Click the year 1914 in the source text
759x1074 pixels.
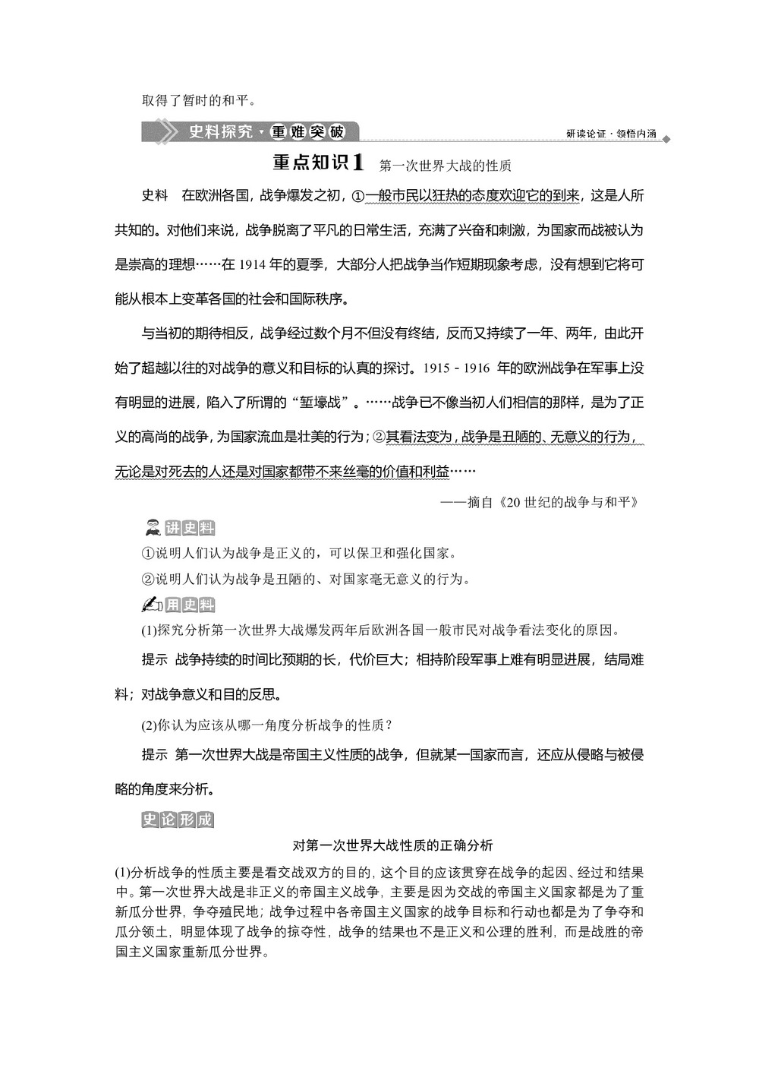click(x=253, y=264)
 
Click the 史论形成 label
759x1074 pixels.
click(x=178, y=820)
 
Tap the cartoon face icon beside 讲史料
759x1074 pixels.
click(x=152, y=528)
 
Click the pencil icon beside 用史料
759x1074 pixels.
click(x=152, y=605)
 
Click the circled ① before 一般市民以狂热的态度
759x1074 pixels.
click(x=357, y=196)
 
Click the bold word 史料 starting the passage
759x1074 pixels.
click(x=155, y=196)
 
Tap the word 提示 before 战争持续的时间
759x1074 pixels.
click(x=155, y=659)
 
